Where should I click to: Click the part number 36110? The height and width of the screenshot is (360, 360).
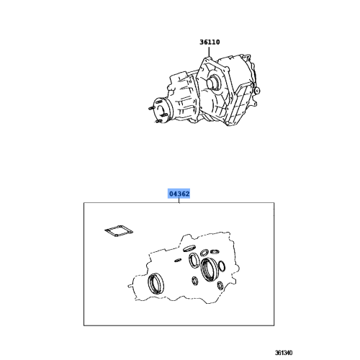point(210,42)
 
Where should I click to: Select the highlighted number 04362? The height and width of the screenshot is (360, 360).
point(179,194)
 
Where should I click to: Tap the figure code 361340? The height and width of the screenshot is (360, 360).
point(284,353)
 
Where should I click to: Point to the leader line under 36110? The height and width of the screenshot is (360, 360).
point(209,52)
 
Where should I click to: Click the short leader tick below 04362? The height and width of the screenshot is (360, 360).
point(179,200)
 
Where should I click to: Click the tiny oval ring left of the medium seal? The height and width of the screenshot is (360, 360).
point(178,260)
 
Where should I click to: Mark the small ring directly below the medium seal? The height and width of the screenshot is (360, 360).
point(195,281)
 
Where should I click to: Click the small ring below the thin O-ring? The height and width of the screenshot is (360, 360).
point(220,286)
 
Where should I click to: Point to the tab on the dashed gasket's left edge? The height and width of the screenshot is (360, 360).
point(130,285)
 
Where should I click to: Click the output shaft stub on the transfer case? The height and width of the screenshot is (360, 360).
point(212,83)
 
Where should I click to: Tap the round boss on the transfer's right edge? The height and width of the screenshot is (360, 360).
point(257,91)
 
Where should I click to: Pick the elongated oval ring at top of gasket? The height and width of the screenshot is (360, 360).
point(189,248)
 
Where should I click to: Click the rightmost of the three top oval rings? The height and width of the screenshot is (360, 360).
point(215,251)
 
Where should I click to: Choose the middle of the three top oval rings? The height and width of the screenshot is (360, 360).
point(204,253)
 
